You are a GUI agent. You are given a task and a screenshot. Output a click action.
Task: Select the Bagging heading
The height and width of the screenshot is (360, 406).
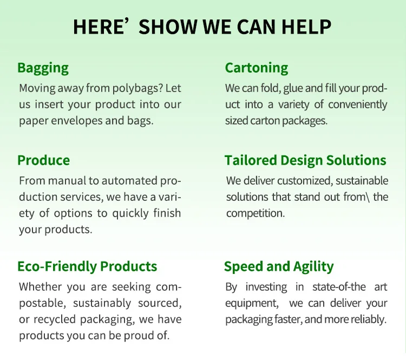(x=43, y=68)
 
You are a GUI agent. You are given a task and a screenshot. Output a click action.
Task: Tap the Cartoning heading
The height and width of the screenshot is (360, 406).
(x=257, y=68)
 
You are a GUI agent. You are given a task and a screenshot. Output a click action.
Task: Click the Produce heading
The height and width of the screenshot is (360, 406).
(x=43, y=160)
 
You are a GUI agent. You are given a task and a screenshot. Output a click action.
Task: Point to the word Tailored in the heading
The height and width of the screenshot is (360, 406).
(x=250, y=160)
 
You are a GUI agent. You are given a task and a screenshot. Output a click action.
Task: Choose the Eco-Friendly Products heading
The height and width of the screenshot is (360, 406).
(x=87, y=266)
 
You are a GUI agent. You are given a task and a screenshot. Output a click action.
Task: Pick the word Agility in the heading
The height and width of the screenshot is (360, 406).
(x=313, y=266)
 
